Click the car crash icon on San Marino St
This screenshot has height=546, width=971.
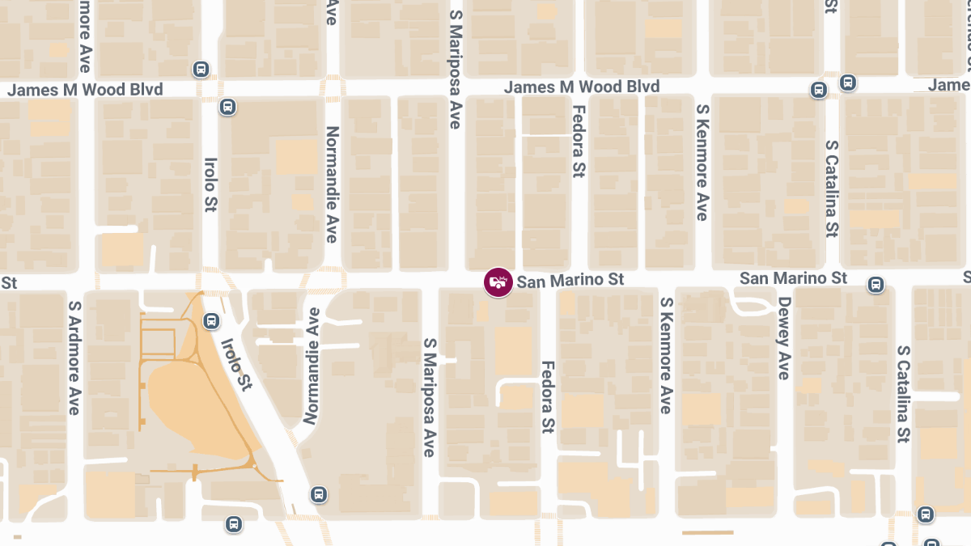pyautogui.click(x=498, y=282)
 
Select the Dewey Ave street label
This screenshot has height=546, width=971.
pyautogui.click(x=782, y=338)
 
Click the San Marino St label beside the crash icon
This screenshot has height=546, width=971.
pyautogui.click(x=570, y=281)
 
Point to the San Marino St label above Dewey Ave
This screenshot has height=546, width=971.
pyautogui.click(x=793, y=278)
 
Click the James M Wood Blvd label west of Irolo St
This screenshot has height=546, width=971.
pyautogui.click(x=85, y=90)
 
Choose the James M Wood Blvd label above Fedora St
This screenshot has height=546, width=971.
pyautogui.click(x=581, y=87)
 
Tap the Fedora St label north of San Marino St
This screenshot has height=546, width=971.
pyautogui.click(x=578, y=142)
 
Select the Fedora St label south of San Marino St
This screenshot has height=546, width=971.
pyautogui.click(x=548, y=396)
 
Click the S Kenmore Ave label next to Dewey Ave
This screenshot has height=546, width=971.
pyautogui.click(x=666, y=356)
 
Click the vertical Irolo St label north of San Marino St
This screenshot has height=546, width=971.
pyautogui.click(x=210, y=184)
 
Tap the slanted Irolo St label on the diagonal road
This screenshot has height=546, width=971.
pyautogui.click(x=236, y=363)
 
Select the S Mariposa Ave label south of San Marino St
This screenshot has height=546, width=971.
pyautogui.click(x=430, y=398)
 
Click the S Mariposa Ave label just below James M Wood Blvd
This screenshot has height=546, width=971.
pyautogui.click(x=455, y=69)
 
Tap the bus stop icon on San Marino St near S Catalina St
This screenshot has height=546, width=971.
pyautogui.click(x=875, y=284)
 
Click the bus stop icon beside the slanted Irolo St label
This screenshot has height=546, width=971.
pyautogui.click(x=211, y=321)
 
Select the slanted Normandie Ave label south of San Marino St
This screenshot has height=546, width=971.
pyautogui.click(x=312, y=366)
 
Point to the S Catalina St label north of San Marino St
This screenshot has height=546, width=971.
pyautogui.click(x=831, y=188)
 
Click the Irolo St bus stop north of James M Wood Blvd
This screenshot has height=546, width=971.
pyautogui.click(x=200, y=70)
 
